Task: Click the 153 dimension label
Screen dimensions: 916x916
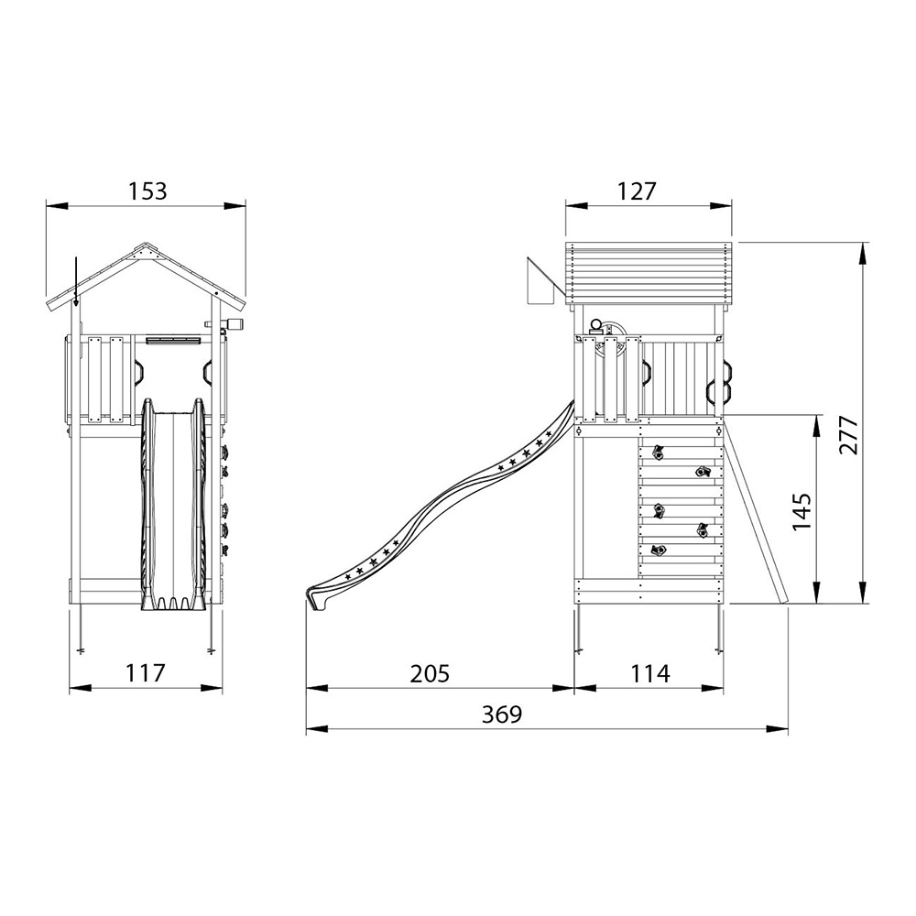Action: tap(147, 191)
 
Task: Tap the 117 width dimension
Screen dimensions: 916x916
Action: tap(146, 673)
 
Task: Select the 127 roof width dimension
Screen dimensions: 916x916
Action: tap(637, 191)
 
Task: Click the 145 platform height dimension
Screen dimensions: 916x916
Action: tap(801, 512)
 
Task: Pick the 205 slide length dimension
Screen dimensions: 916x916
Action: tap(430, 673)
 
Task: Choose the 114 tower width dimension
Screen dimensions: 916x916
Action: tap(650, 673)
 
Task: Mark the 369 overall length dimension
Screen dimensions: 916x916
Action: tap(501, 714)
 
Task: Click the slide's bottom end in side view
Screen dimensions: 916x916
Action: tap(314, 599)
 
